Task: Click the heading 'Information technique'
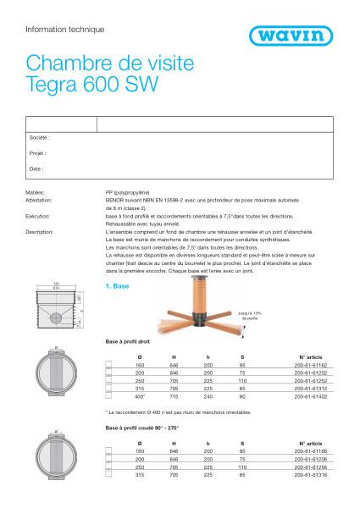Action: pos(65,29)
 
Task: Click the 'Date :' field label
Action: pos(36,169)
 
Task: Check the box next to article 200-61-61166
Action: pos(108,452)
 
